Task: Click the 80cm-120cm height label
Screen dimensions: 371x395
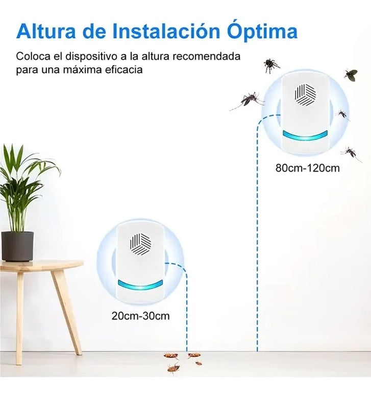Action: point(307,168)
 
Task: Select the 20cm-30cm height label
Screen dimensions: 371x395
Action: point(141,316)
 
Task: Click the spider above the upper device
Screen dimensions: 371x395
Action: point(271,65)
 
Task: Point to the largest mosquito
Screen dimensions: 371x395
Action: point(248,100)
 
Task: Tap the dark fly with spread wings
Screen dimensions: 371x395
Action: point(351,75)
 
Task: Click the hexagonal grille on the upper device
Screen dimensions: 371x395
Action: point(305,95)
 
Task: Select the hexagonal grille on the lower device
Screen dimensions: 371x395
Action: point(141,244)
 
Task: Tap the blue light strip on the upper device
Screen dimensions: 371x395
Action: point(305,135)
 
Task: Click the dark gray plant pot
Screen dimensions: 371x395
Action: point(17,246)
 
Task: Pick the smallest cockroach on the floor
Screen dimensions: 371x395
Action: point(199,363)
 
